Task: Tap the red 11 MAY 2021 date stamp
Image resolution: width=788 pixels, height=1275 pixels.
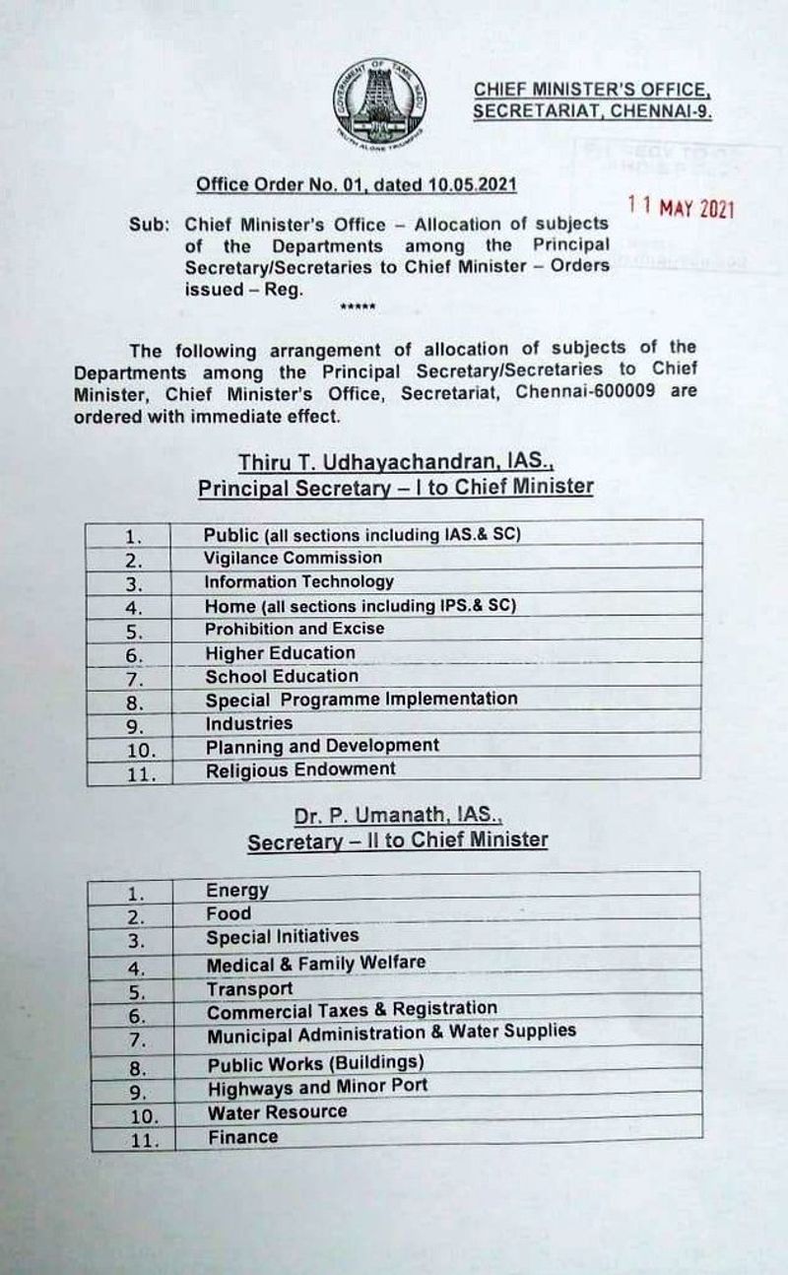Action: coord(682,209)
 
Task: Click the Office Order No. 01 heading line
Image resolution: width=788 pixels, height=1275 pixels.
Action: coord(356,184)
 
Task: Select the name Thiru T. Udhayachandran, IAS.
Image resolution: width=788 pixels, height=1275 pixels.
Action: coord(394,462)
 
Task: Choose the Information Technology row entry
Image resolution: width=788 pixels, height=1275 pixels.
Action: coord(298,581)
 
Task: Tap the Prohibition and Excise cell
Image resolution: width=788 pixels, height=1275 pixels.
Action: coord(295,628)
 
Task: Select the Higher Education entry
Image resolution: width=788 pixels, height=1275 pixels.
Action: coord(280,652)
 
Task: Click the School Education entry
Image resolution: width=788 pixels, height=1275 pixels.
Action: coord(282,676)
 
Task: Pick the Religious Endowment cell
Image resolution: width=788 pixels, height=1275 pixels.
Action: coord(300,770)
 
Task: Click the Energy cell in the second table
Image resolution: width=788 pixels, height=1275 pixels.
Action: coord(237,891)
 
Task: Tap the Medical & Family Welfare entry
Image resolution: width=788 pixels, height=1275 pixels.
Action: coord(316,963)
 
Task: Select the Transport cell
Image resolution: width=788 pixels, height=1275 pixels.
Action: coord(249,988)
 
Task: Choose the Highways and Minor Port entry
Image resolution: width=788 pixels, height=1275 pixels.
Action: coord(317,1087)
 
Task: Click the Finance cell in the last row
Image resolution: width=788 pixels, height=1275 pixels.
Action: coord(242,1137)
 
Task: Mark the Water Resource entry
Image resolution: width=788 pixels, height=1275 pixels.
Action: coord(277,1111)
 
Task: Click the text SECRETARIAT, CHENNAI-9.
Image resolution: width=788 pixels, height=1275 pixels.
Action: coord(591,111)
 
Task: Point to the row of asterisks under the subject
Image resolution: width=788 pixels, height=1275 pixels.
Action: coord(357,308)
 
